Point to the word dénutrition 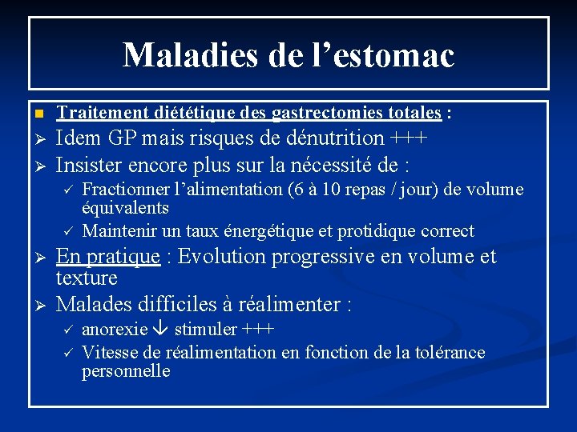tap(327, 138)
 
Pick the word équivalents tap(125, 208)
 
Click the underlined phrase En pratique tap(108, 257)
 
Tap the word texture tap(87, 278)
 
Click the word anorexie tap(115, 330)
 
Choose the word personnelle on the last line tap(126, 371)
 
